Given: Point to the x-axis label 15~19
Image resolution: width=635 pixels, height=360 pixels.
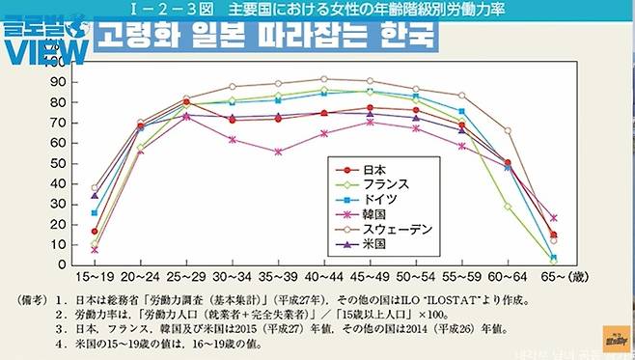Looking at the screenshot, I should point(95,277).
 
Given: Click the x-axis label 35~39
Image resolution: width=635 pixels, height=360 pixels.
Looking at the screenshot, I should point(278,277).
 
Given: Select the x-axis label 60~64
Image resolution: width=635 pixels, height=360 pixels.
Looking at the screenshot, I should point(508,277).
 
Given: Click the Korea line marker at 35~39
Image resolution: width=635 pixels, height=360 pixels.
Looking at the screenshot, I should point(278,152).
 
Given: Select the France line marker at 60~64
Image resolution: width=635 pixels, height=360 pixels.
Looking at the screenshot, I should point(508,207).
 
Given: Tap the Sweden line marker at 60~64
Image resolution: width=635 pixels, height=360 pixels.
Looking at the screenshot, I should point(508,130).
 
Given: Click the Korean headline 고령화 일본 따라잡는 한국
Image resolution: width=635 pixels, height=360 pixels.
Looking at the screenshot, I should point(266,41).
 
